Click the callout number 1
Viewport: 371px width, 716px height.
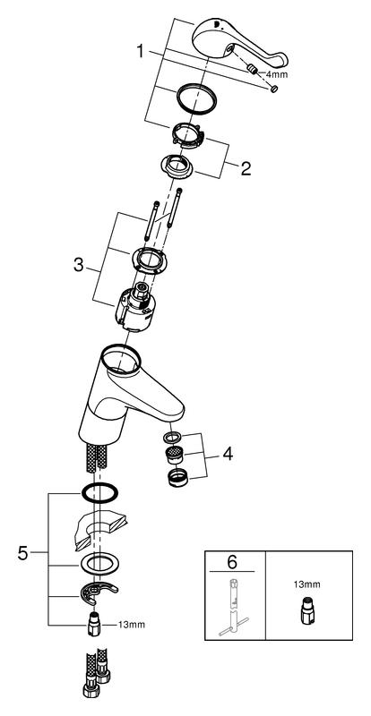(141, 51)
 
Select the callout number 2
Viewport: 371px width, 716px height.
(246, 169)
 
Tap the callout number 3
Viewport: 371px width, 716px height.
(79, 265)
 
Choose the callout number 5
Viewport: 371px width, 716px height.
(23, 553)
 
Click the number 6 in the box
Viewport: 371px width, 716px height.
(232, 562)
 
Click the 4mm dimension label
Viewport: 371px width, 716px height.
(277, 74)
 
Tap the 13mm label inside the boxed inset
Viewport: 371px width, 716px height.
(307, 584)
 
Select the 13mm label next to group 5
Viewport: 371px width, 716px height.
(133, 625)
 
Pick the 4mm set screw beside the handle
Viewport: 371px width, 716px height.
(252, 69)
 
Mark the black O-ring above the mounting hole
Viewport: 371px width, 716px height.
(99, 492)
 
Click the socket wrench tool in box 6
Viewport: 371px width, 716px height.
(233, 609)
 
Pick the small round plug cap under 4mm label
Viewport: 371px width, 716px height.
(274, 89)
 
